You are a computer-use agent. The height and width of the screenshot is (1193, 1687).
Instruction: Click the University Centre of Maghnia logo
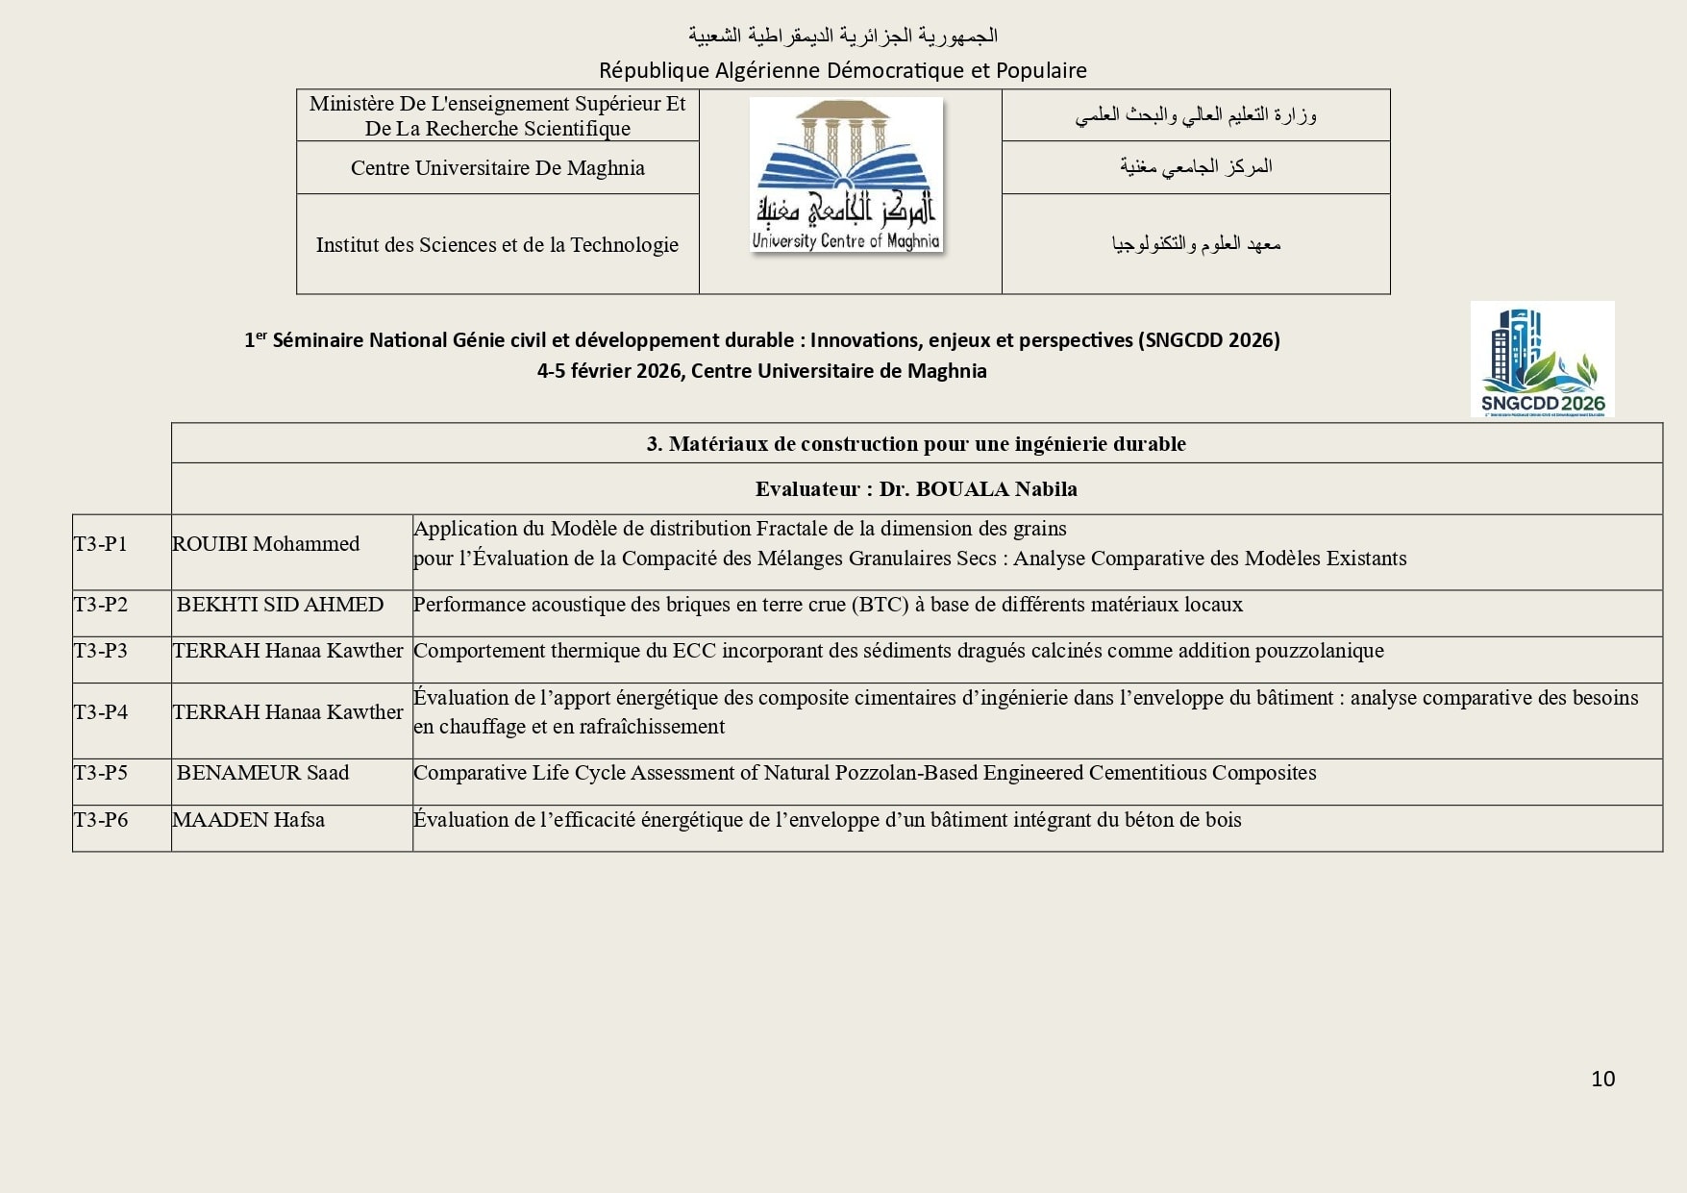tap(846, 175)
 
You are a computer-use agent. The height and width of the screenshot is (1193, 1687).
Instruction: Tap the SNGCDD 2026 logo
tap(1542, 360)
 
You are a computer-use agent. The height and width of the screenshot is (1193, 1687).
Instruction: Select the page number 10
tap(1602, 1079)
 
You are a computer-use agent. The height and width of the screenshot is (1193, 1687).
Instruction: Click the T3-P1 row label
tap(101, 544)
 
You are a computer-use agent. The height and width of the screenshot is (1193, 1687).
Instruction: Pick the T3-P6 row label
tap(101, 820)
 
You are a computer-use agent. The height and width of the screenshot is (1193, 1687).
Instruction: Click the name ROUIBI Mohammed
tap(265, 544)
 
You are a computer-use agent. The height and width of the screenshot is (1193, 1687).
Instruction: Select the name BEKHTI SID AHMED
tap(280, 605)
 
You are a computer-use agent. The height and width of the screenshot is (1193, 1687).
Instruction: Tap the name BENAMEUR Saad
tap(262, 773)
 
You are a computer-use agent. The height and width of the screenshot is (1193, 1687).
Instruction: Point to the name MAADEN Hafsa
tap(248, 820)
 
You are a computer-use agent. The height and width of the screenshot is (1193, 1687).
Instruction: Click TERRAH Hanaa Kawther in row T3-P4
tap(287, 712)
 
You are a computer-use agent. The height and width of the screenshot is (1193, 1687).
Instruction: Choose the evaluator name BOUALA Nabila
tap(996, 489)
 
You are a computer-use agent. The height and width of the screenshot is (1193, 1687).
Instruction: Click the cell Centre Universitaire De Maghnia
tap(497, 168)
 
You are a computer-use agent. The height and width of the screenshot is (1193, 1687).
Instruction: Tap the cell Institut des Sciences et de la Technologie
tap(497, 245)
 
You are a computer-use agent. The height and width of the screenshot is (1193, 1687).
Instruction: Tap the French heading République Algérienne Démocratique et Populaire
tap(842, 70)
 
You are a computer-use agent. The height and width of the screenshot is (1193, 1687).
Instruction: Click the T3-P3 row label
tap(101, 651)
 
